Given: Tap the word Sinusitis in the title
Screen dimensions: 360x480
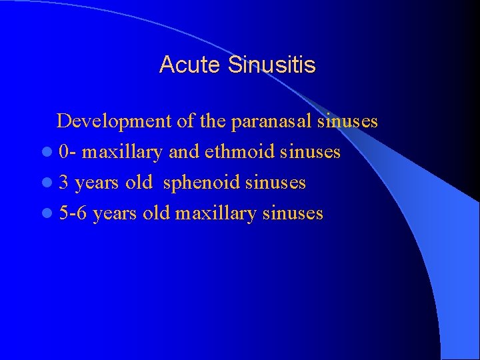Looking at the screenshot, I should pos(271,65).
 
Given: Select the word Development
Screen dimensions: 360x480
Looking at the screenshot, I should pos(114,121).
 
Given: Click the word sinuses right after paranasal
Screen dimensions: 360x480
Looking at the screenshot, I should pos(347,121).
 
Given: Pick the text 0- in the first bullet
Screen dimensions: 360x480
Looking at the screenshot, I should pos(67,152).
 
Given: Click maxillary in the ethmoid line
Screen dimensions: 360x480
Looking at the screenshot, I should pos(123,153).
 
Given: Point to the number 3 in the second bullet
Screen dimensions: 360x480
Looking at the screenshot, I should pos(63,183).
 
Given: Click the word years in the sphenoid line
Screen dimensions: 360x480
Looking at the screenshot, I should pos(97,183).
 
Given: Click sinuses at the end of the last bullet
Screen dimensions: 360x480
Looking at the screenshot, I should pos(293,213).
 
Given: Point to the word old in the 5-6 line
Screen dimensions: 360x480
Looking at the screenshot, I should pos(157,213).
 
